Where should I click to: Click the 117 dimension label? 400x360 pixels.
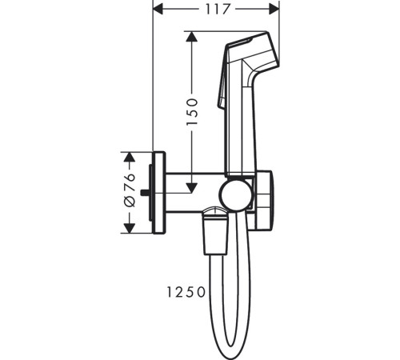tap(218, 10)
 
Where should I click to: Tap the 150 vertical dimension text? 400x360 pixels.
tap(192, 112)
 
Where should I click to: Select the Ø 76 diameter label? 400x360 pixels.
tap(130, 190)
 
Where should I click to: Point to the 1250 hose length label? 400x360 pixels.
tap(186, 292)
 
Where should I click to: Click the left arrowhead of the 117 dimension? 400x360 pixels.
tap(158, 10)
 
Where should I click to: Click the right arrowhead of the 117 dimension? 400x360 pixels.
tap(274, 10)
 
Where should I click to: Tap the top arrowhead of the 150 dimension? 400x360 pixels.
tap(191, 37)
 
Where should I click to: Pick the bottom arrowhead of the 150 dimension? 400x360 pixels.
tap(191, 188)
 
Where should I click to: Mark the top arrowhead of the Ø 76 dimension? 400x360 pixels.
tap(130, 158)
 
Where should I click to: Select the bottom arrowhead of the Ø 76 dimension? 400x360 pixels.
tap(130, 228)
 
